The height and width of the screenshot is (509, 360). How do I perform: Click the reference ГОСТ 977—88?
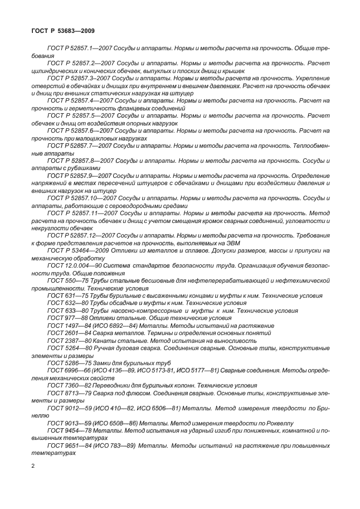65,318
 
